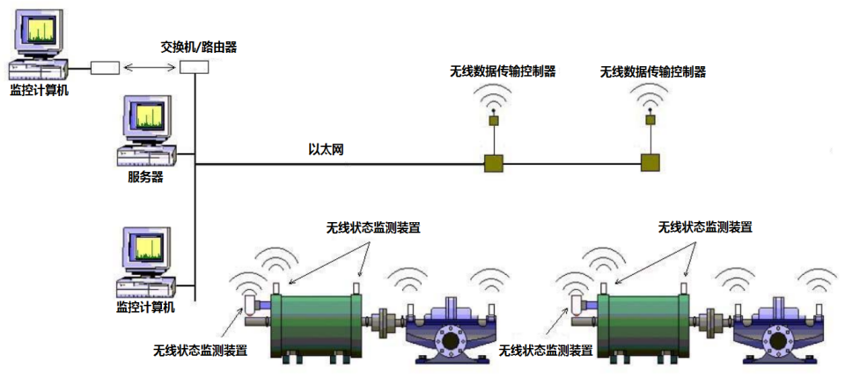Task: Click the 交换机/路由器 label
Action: [x=199, y=46]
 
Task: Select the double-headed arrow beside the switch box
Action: [x=150, y=68]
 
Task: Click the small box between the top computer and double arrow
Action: [x=105, y=68]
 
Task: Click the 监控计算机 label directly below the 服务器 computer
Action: [x=145, y=307]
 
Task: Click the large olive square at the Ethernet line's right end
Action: [x=650, y=163]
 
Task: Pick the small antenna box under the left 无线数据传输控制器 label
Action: [x=494, y=121]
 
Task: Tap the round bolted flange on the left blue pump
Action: [x=451, y=339]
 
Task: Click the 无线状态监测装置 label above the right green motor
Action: [x=705, y=226]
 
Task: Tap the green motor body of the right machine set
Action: [x=645, y=324]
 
